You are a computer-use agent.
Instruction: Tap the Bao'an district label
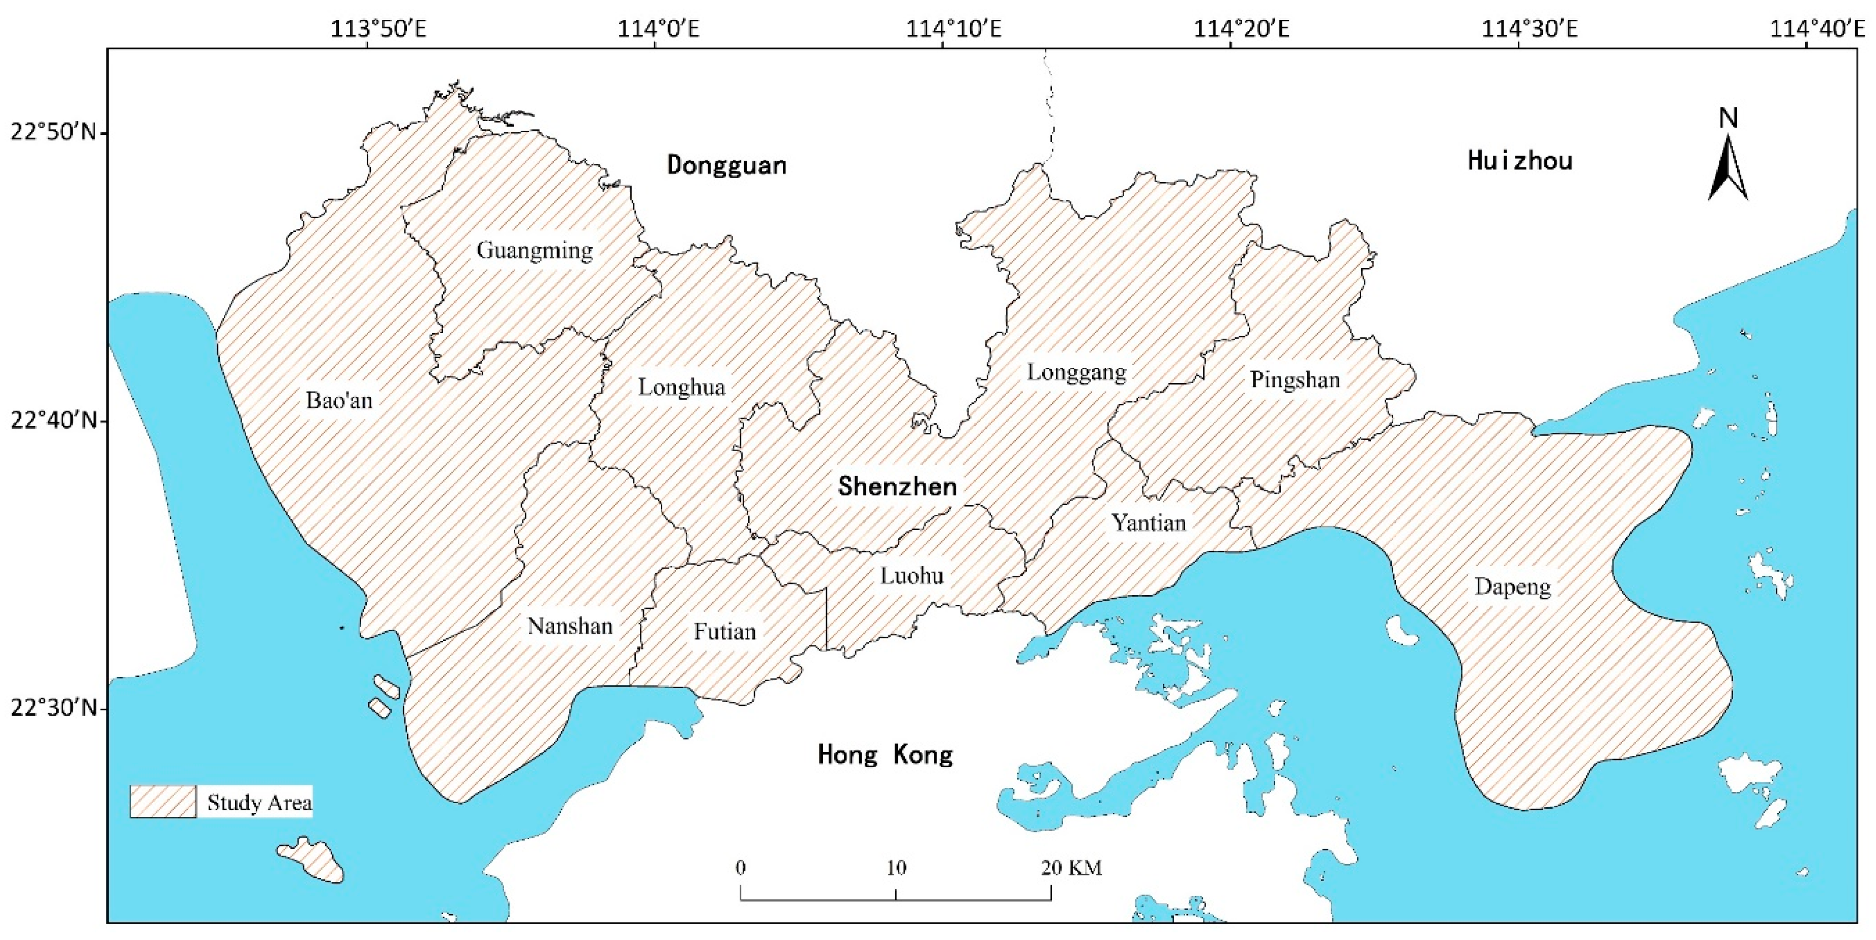pyautogui.click(x=339, y=400)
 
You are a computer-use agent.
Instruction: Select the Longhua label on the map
pyautogui.click(x=682, y=388)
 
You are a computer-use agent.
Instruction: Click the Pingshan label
pyautogui.click(x=1295, y=380)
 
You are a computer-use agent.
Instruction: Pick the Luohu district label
pyautogui.click(x=912, y=576)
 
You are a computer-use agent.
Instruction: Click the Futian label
pyautogui.click(x=725, y=631)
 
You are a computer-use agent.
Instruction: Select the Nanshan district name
pyautogui.click(x=570, y=626)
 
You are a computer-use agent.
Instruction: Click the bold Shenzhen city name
pyautogui.click(x=897, y=486)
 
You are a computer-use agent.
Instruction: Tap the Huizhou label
pyautogui.click(x=1520, y=161)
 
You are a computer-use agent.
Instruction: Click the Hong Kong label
pyautogui.click(x=885, y=755)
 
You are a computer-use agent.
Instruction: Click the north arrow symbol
pyautogui.click(x=1728, y=167)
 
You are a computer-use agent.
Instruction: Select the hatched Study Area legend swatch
pyautogui.click(x=163, y=802)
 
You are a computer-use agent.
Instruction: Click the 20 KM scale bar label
pyautogui.click(x=1071, y=868)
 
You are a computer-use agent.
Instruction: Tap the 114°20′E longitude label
pyautogui.click(x=1231, y=29)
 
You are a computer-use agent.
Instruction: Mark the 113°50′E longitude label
pyautogui.click(x=368, y=29)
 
